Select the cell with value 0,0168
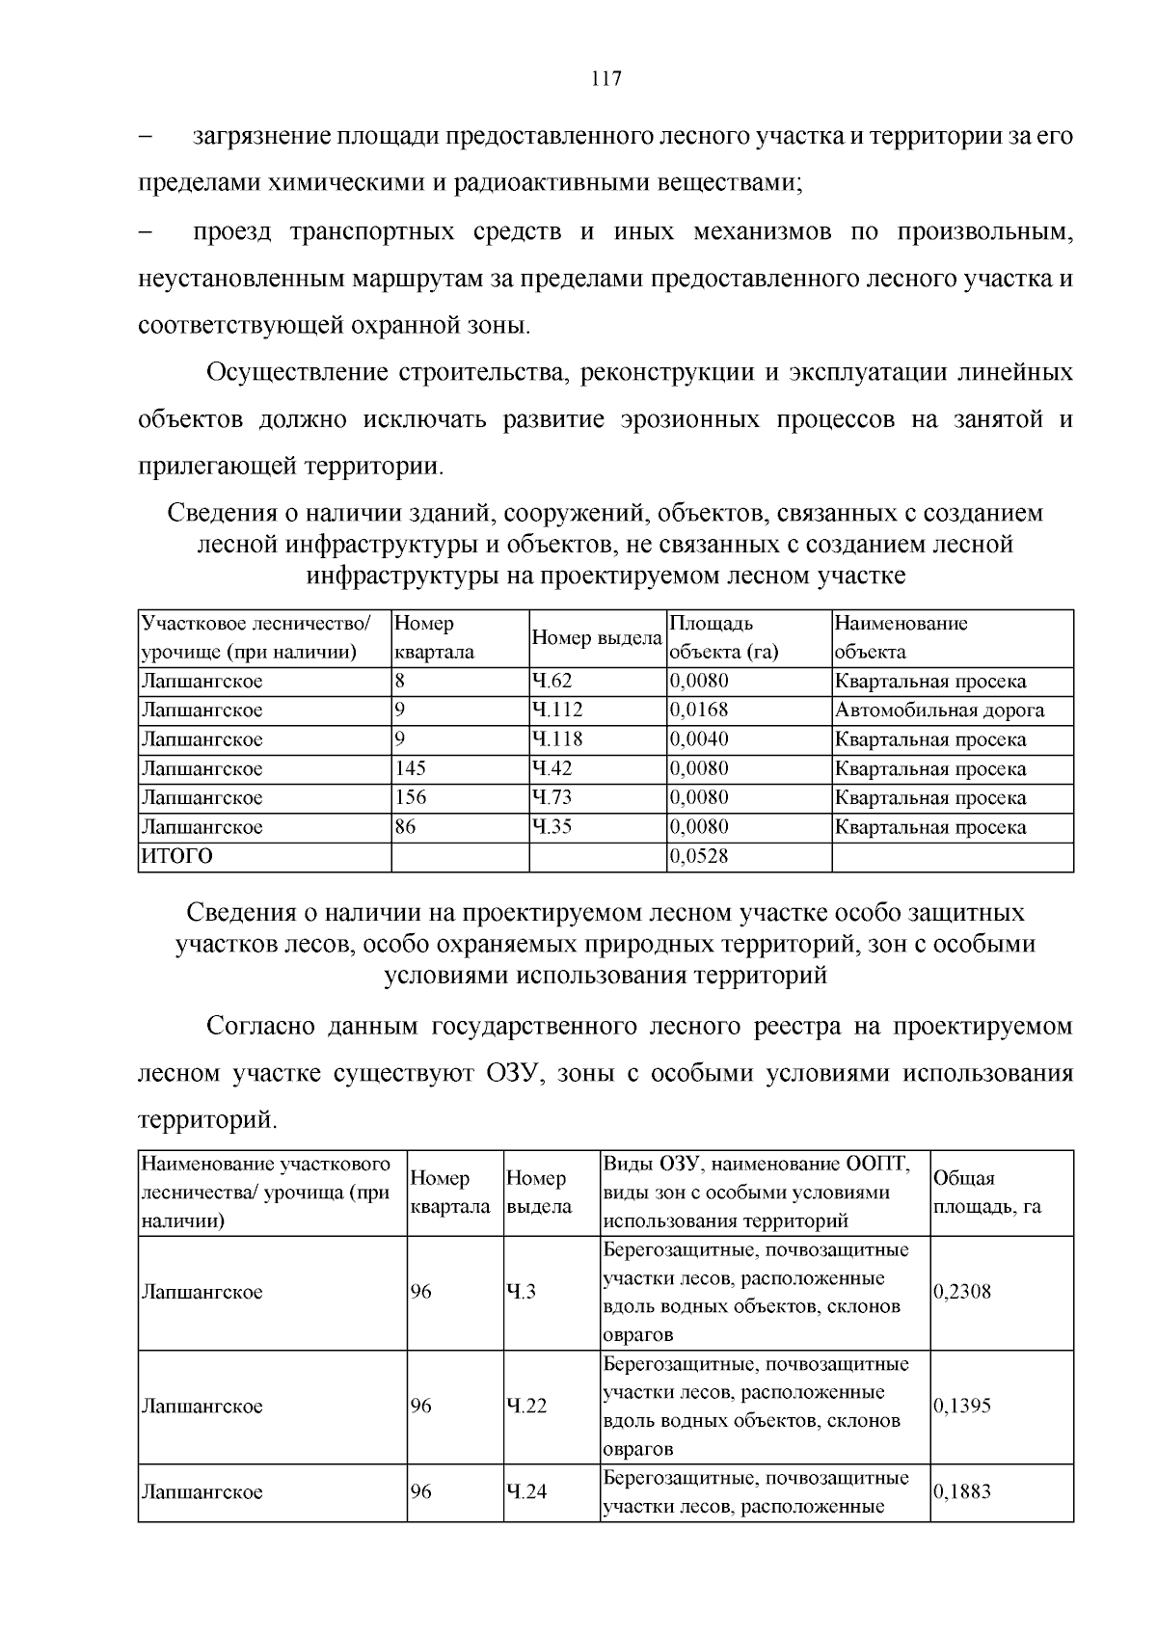[x=699, y=711]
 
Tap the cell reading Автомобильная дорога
[x=939, y=711]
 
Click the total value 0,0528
[x=699, y=856]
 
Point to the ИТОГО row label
[x=177, y=856]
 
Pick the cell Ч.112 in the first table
[x=556, y=711]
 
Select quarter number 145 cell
[x=411, y=768]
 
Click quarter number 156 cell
[x=411, y=797]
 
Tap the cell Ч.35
[x=552, y=827]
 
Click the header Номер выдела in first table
[x=597, y=638]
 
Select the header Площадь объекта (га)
[x=723, y=638]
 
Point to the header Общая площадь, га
[x=986, y=1193]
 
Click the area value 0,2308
[x=962, y=1292]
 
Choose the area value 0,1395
[x=962, y=1406]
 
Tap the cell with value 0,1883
[x=962, y=1491]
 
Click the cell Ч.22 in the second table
[x=525, y=1406]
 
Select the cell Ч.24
[x=525, y=1491]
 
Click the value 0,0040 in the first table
[x=699, y=739]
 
